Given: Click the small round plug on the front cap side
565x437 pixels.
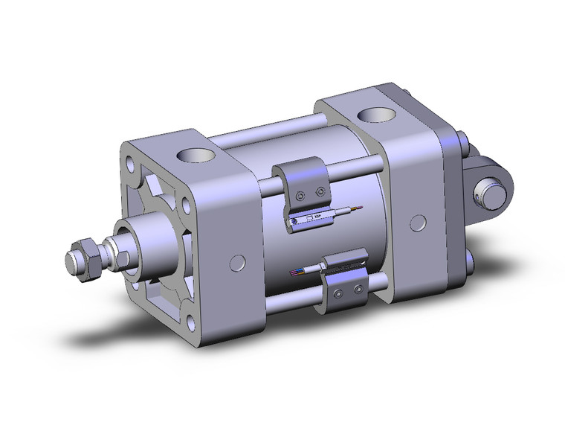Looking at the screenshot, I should (x=238, y=261).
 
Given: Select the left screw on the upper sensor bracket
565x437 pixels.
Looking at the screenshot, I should (x=299, y=197).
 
